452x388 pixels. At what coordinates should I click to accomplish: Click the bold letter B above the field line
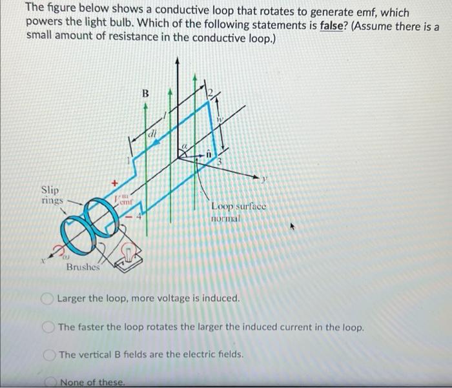point(145,94)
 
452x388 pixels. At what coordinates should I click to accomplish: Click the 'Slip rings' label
point(51,195)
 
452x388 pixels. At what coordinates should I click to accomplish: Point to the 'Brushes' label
point(83,267)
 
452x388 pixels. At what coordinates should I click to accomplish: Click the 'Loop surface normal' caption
point(237,212)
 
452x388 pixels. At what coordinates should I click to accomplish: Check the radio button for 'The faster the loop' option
point(49,327)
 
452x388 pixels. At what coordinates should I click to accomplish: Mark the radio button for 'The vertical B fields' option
point(49,354)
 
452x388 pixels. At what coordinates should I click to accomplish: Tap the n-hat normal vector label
point(209,153)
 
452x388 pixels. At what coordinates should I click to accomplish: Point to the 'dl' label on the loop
point(153,134)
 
